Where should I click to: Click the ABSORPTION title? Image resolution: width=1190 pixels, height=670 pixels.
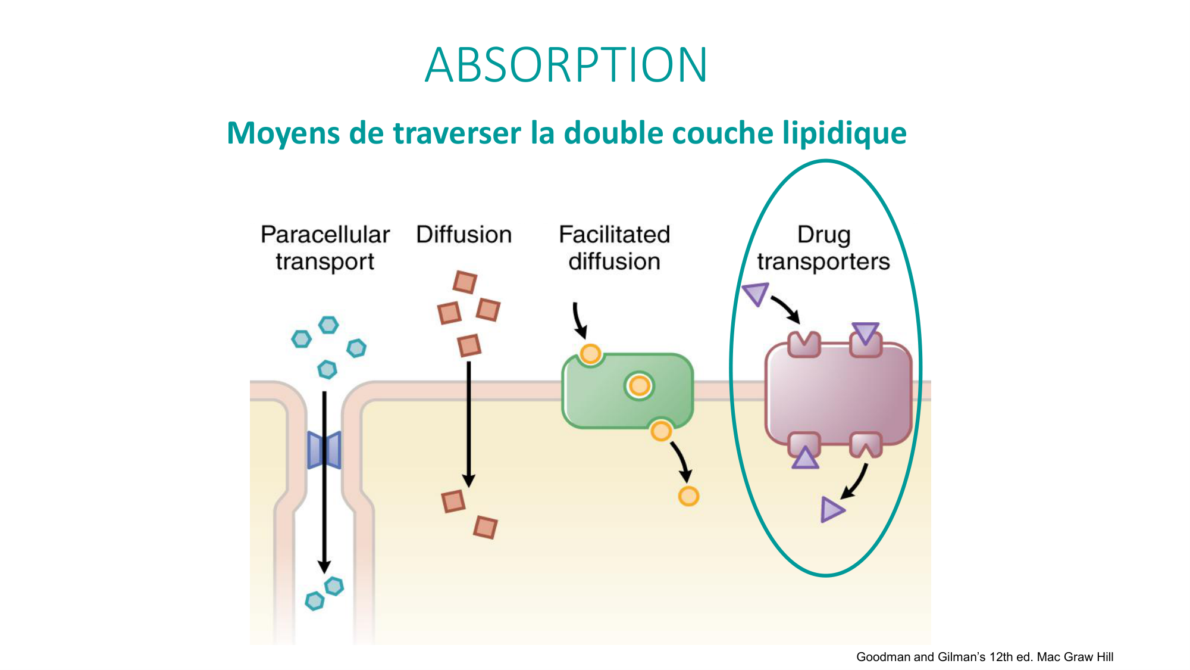(x=566, y=65)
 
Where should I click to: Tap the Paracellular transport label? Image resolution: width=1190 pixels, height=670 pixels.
(x=325, y=248)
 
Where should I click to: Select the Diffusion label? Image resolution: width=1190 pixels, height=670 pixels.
(x=464, y=235)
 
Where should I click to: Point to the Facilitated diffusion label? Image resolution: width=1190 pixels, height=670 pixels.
(x=614, y=248)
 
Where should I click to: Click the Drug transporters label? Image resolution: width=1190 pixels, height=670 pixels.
(x=823, y=248)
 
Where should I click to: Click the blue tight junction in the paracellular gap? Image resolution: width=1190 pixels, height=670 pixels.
(x=324, y=450)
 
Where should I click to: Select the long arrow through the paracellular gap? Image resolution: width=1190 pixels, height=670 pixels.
(x=324, y=506)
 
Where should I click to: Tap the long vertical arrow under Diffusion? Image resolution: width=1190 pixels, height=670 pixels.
(x=469, y=423)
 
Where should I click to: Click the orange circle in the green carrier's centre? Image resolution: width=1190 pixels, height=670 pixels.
(x=639, y=386)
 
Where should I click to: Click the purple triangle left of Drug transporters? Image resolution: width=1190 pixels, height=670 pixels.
(x=756, y=294)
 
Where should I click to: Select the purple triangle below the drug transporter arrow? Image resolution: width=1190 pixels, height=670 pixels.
(x=831, y=510)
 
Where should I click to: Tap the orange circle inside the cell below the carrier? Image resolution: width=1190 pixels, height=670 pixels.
(x=688, y=496)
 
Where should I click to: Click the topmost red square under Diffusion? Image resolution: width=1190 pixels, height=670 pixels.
(x=465, y=282)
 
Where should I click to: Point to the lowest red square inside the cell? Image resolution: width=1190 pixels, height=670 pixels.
(x=486, y=528)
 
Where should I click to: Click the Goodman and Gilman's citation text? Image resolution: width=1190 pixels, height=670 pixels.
(x=984, y=657)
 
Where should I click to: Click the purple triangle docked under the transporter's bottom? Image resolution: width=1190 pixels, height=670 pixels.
(x=805, y=459)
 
